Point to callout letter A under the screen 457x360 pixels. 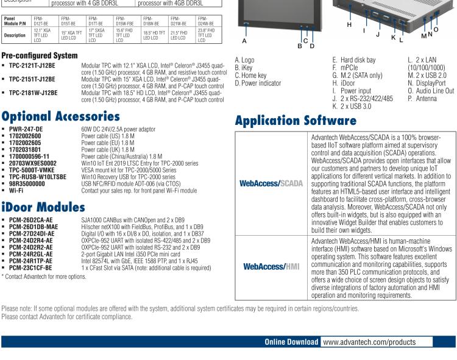pos(244,41)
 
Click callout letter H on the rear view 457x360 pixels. pos(349,24)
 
